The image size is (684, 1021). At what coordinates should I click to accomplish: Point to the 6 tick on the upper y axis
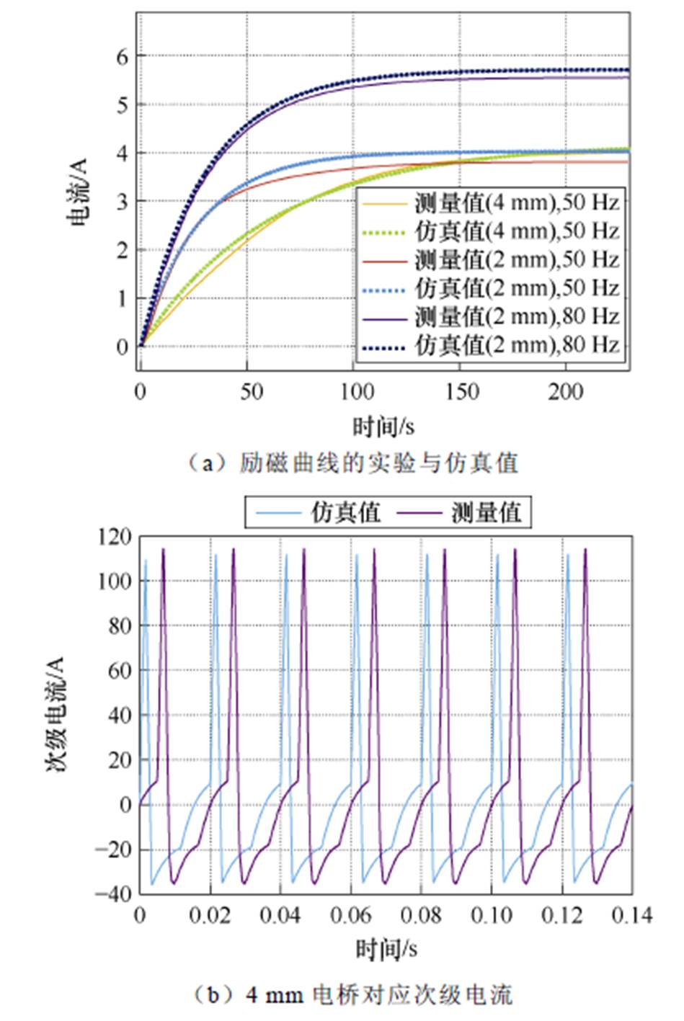[x=122, y=56]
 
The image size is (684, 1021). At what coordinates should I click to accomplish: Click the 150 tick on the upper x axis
[x=461, y=392]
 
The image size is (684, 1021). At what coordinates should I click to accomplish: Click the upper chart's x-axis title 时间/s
[x=383, y=427]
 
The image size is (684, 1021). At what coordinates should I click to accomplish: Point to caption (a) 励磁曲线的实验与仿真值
[x=352, y=463]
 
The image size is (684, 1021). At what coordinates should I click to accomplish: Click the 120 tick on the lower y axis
[x=115, y=537]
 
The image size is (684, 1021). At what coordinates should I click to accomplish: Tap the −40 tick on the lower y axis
[x=114, y=893]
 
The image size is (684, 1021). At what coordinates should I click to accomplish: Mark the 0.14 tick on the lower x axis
[x=632, y=915]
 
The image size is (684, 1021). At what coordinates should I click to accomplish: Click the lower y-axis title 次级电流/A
[x=56, y=714]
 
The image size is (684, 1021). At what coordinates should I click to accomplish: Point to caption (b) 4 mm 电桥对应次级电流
[x=353, y=995]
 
